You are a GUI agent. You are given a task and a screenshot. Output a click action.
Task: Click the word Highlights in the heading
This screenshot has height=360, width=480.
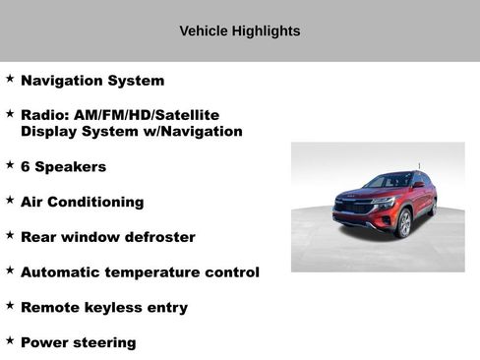point(266,31)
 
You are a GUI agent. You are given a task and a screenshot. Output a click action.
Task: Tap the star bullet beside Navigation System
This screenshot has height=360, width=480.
point(10,79)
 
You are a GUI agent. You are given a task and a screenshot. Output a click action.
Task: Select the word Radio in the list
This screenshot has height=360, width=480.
point(42,115)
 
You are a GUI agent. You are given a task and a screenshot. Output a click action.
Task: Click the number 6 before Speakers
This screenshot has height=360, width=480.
point(26,166)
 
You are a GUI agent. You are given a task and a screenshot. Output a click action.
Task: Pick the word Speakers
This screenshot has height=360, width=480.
point(71,166)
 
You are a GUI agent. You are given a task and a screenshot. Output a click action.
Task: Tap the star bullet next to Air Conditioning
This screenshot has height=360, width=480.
point(10,200)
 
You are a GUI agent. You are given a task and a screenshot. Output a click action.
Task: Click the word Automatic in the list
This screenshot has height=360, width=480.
point(63,271)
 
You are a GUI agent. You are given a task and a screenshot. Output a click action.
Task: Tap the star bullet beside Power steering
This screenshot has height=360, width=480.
point(10,340)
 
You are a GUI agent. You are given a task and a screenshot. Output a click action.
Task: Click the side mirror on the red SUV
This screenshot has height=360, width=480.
point(417,186)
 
